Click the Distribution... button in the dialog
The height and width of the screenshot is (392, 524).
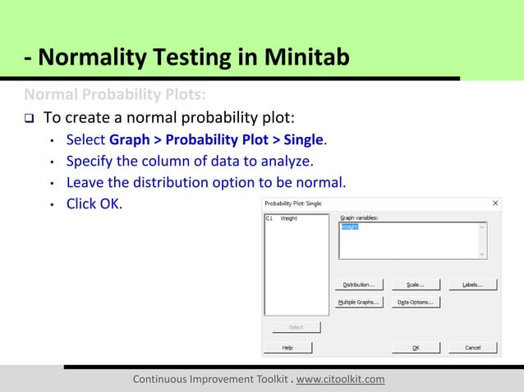click(x=358, y=285)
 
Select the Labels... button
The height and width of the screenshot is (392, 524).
click(x=472, y=285)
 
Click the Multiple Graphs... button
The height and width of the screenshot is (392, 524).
click(x=358, y=302)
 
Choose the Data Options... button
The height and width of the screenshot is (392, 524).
click(x=415, y=302)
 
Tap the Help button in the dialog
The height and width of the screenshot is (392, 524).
click(x=287, y=348)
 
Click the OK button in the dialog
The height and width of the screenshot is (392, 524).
click(x=415, y=348)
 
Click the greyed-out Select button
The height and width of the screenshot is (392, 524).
click(x=296, y=327)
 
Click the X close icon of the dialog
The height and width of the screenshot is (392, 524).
click(x=495, y=203)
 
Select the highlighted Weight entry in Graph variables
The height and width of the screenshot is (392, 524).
click(x=350, y=226)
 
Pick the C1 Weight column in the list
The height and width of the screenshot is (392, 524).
click(x=282, y=219)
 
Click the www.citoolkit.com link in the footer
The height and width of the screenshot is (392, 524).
click(x=340, y=379)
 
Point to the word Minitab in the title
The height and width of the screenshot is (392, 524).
click(x=306, y=58)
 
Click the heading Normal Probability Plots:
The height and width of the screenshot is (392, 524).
click(x=108, y=93)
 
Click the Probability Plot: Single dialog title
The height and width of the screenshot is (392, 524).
click(x=293, y=203)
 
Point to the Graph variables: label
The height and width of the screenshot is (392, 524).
click(x=358, y=218)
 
